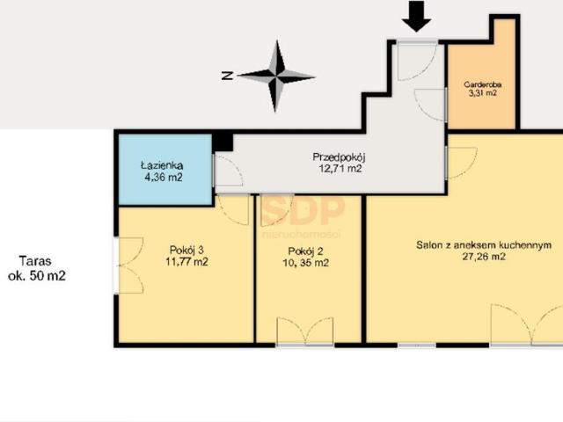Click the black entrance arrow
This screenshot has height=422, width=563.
(416, 17)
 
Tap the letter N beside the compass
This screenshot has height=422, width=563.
(228, 76)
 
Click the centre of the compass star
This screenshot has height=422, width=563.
(276, 76)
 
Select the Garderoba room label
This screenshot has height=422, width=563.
(483, 84)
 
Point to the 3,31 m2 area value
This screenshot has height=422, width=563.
(483, 93)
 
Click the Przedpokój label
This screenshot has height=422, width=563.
(339, 157)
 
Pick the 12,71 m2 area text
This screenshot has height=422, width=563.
(340, 169)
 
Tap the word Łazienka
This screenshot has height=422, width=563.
(162, 166)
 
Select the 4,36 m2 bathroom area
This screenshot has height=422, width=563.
(164, 178)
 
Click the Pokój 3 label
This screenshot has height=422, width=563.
(186, 250)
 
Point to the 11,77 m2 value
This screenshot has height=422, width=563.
(186, 262)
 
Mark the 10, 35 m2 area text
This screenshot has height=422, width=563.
(305, 263)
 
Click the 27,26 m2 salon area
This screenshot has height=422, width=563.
(484, 257)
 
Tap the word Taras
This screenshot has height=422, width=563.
(35, 261)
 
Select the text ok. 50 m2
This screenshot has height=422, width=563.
(37, 276)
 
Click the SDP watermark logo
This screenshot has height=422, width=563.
(303, 210)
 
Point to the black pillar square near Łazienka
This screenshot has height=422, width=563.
(223, 142)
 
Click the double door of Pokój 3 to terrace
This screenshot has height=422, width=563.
(131, 266)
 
